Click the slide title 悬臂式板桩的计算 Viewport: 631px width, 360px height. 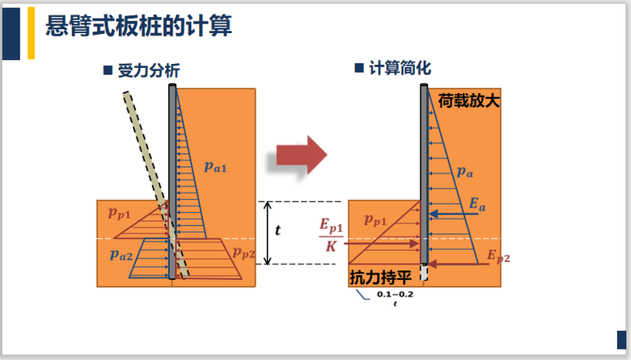pos(138,28)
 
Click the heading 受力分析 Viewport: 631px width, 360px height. pos(148,71)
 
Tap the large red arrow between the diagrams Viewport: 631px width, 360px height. pos(300,153)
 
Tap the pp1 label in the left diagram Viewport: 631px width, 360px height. pos(121,213)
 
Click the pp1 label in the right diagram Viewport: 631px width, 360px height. pos(378,219)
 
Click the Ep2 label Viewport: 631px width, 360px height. pos(498,257)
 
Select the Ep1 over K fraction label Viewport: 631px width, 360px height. pos(331,235)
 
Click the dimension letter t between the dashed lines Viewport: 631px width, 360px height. pos(278,231)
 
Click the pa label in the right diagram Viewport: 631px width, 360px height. pos(464,171)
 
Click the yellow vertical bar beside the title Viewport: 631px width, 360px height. pos(31,32)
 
